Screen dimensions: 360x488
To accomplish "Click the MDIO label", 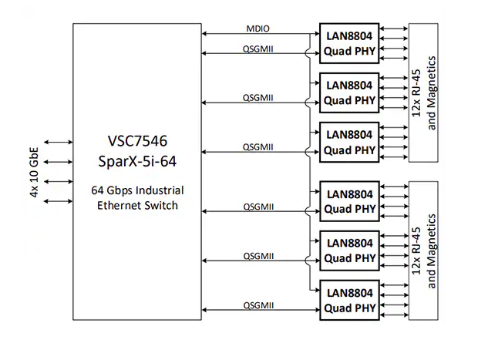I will [x=258, y=29].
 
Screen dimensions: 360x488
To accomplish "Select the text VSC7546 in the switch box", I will [x=136, y=142].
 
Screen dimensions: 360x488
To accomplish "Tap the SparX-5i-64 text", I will [x=136, y=161].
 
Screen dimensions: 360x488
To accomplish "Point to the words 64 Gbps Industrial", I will [x=136, y=190].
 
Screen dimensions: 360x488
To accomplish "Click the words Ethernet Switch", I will [x=136, y=205].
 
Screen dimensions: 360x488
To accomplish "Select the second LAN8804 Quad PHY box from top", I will [x=348, y=92].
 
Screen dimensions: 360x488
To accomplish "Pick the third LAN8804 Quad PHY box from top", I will [x=348, y=141].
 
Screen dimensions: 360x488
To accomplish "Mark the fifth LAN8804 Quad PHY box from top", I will [x=348, y=250].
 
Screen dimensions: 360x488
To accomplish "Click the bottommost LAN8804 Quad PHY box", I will [x=348, y=301].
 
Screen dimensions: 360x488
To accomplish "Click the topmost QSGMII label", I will [x=258, y=48].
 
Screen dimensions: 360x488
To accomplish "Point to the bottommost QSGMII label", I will [x=258, y=305].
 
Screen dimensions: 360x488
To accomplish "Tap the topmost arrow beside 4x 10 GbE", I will [x=58, y=143].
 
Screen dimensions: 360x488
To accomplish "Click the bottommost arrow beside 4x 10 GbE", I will [x=58, y=201].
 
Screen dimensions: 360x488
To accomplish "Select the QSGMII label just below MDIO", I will [x=258, y=48].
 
